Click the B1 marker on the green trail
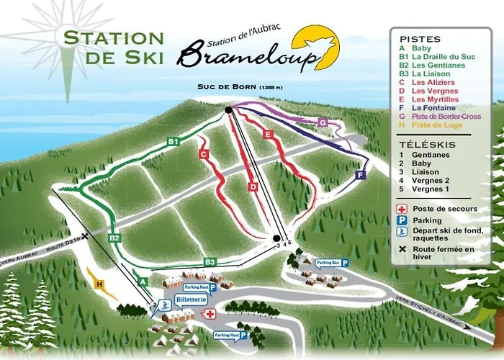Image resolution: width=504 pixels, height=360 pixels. [173, 142]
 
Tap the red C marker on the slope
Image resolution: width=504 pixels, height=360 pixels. [204, 154]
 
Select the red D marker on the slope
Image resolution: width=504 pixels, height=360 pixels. [253, 187]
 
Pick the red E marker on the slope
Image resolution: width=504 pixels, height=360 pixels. [268, 134]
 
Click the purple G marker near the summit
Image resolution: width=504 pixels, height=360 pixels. [323, 123]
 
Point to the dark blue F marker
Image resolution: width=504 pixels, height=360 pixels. [360, 175]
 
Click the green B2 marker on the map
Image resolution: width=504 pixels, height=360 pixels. [114, 238]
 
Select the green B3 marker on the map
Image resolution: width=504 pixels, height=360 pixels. [210, 261]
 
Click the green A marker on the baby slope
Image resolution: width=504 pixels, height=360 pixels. [143, 281]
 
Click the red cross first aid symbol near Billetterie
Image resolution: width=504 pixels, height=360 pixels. [210, 314]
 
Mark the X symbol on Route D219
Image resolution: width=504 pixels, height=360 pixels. [85, 236]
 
